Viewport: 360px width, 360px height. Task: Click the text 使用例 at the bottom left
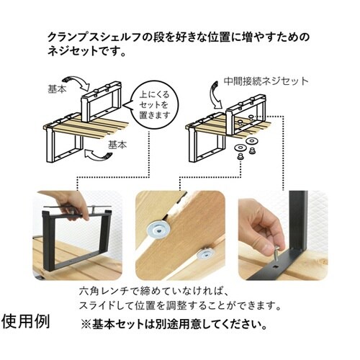27,319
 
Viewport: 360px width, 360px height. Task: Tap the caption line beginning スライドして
176,306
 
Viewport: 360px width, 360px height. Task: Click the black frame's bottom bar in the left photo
75,272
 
